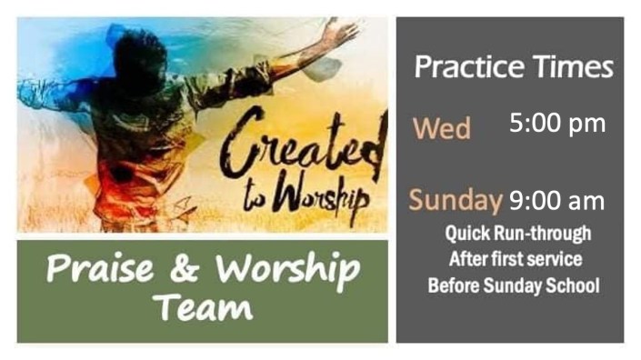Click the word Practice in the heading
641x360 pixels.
pos(464,67)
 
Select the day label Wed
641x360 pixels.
pos(442,128)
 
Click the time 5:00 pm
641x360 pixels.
pos(557,123)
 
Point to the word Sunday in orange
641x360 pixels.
pos(456,200)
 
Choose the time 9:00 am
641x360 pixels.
pos(556,200)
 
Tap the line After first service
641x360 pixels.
pos(515,259)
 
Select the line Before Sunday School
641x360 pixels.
pos(514,285)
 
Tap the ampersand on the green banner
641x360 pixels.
pos(185,270)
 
